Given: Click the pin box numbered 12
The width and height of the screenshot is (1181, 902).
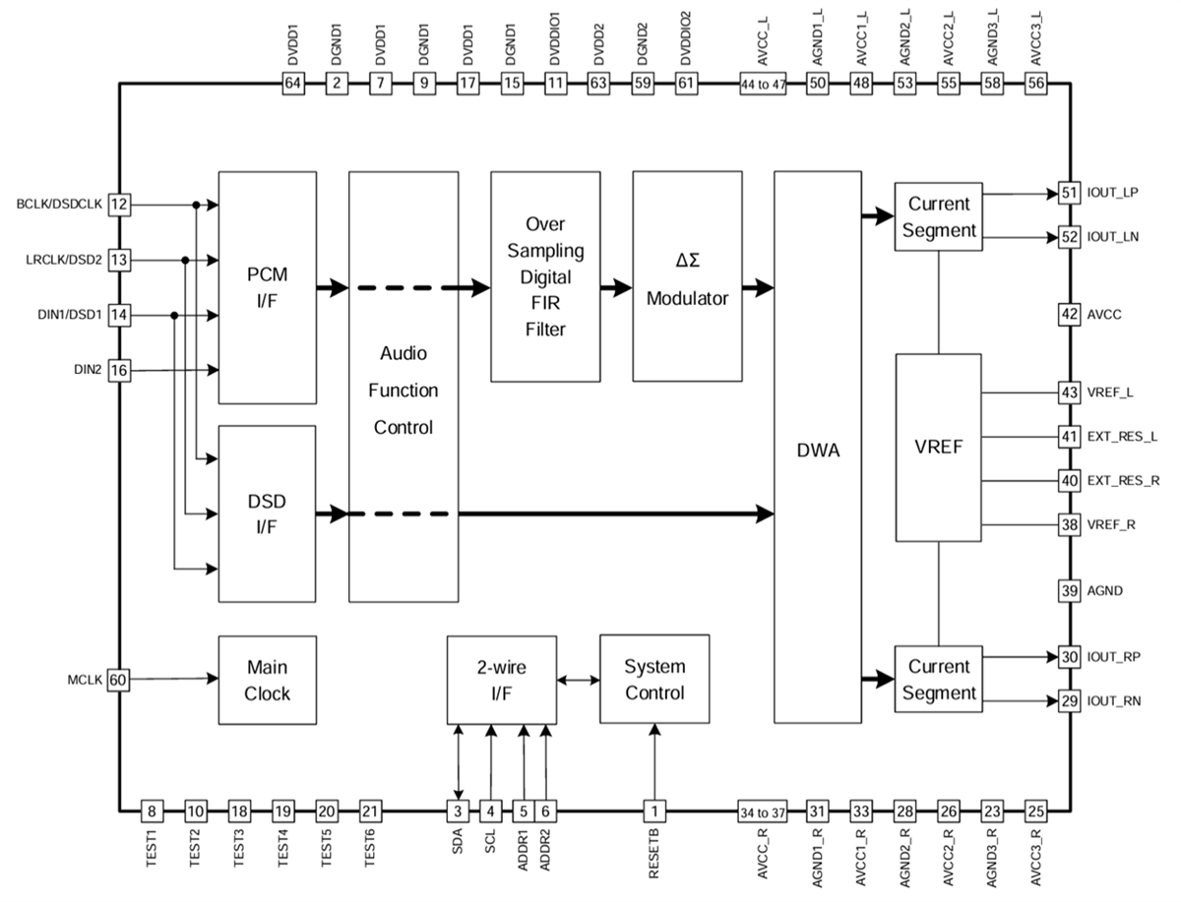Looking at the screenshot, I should (x=118, y=205).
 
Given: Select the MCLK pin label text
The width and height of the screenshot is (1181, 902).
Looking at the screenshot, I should (x=84, y=680).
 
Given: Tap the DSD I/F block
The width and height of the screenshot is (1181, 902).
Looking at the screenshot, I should (x=267, y=513).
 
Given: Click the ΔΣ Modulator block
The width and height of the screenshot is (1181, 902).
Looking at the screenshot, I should (x=686, y=276).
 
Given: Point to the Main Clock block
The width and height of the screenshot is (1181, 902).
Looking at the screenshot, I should (x=267, y=681).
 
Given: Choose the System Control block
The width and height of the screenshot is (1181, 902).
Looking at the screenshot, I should (x=654, y=679).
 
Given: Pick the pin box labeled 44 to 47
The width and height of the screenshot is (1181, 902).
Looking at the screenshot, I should (x=763, y=85).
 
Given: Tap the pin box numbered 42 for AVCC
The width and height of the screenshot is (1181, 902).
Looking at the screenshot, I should (x=1069, y=315).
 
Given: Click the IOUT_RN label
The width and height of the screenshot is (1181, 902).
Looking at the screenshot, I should (x=1114, y=701).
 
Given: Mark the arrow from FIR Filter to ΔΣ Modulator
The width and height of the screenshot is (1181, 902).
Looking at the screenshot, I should (x=616, y=288).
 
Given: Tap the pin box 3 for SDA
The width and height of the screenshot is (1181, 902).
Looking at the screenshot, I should (x=458, y=812).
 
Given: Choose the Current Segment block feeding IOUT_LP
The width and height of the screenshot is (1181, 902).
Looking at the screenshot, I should (x=938, y=217).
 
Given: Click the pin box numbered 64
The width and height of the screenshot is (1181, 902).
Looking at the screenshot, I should (x=292, y=85).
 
